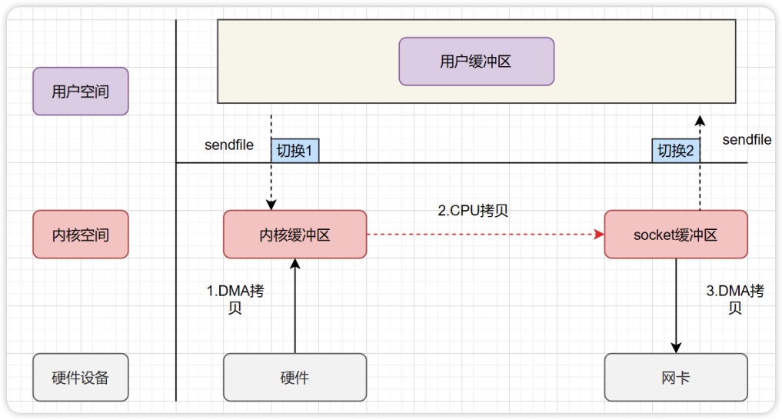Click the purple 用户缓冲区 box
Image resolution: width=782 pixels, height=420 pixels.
point(476,62)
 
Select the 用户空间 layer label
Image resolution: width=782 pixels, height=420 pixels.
point(81,92)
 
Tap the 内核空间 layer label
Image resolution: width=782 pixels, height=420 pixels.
point(81,235)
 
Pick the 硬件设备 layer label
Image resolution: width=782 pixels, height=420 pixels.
point(81,377)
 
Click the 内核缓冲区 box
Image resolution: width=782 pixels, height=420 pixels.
point(294,235)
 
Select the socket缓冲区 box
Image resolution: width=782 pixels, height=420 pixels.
point(675,235)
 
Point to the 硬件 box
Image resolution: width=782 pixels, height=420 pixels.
point(294,377)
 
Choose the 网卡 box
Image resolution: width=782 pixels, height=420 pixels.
point(675,377)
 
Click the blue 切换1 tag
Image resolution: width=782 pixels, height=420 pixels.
point(294,151)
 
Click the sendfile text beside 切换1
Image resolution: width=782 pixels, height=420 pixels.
point(229,145)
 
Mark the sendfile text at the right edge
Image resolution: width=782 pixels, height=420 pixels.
point(747,139)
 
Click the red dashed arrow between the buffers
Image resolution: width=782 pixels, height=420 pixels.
point(484,235)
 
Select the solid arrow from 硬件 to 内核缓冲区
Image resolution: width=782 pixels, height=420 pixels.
point(294,308)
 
